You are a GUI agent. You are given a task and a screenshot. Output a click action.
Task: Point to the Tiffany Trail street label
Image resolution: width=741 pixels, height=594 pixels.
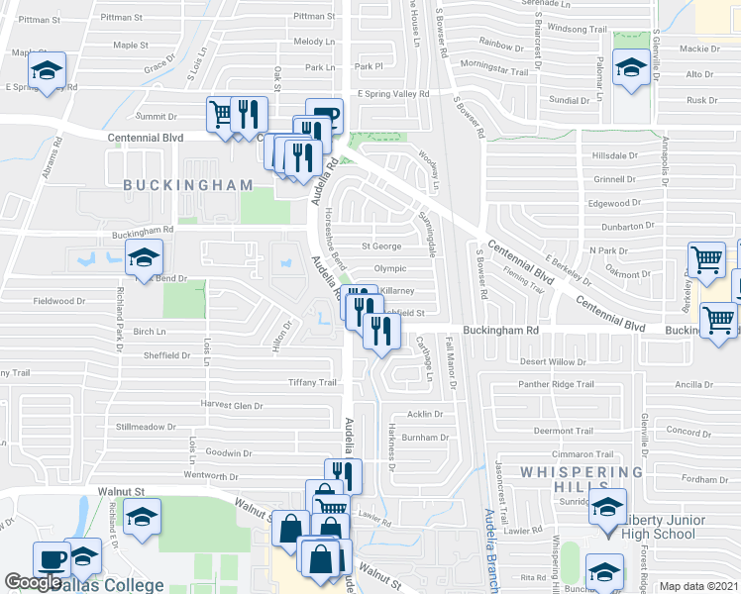coord(313,382)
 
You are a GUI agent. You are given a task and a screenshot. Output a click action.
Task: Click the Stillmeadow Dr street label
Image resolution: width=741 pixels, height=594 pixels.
coord(144,428)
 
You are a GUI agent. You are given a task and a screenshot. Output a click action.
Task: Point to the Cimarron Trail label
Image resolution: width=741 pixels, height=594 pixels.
coord(564,453)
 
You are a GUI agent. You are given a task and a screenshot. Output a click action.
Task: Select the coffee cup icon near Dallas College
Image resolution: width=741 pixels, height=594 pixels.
coord(51,558)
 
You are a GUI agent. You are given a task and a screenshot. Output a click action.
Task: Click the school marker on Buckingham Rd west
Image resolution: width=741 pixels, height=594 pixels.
coord(144,258)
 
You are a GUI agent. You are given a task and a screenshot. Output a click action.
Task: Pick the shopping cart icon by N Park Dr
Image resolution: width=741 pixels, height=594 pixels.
coord(705,259)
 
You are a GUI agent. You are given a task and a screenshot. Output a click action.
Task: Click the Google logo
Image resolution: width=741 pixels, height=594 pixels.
coord(34,583)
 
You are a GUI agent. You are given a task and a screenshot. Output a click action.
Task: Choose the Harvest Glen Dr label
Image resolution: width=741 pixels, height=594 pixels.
coord(232,405)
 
